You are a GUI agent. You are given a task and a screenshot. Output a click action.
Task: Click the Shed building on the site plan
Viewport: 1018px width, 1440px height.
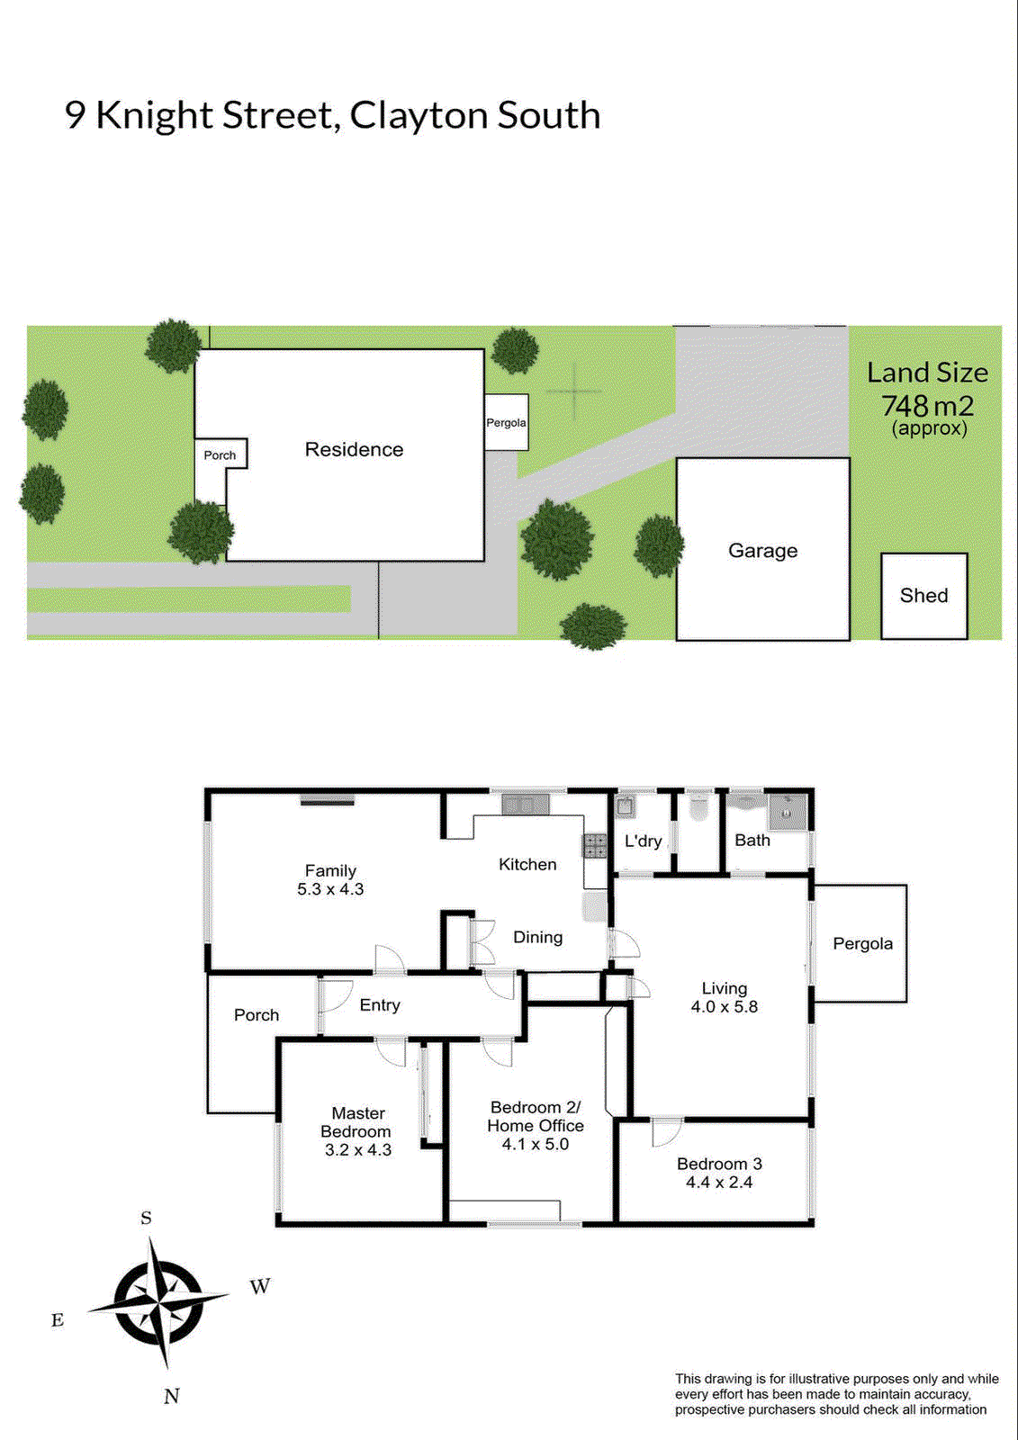tap(923, 596)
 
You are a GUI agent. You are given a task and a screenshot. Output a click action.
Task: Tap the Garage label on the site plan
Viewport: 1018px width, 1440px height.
tap(762, 551)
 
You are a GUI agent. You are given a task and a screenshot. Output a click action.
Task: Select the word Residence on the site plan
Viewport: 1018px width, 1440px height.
tap(354, 449)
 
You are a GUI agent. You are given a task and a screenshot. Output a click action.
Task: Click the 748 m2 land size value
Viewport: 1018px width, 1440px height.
tap(927, 406)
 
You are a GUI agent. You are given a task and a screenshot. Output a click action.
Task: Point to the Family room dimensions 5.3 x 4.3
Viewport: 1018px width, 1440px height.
tap(330, 889)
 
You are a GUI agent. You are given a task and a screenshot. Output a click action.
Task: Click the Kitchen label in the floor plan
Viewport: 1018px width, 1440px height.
tap(527, 864)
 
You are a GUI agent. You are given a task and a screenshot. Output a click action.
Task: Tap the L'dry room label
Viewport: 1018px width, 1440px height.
tap(643, 841)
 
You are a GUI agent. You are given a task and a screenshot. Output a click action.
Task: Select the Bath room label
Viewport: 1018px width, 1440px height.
tap(752, 840)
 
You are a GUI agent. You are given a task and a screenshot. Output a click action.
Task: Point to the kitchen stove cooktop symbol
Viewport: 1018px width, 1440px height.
tap(594, 845)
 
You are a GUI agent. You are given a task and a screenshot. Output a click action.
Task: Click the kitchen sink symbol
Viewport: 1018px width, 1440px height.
tap(525, 804)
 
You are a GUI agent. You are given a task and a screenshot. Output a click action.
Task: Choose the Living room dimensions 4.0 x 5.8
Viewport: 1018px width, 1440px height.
tap(724, 1007)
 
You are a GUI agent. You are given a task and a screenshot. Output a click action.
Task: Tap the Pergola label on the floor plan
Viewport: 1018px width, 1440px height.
tap(862, 943)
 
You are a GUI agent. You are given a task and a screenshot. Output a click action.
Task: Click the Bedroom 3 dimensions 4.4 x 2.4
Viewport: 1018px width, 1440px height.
tap(719, 1183)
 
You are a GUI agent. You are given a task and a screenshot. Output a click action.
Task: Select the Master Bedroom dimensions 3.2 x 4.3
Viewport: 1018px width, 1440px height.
tap(357, 1150)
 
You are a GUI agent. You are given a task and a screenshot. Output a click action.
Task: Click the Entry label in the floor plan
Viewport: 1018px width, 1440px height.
tap(379, 1005)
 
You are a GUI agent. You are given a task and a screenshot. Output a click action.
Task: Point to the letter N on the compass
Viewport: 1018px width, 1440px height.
tap(172, 1396)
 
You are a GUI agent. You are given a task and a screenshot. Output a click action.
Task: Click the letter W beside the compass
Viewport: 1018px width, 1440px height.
tap(260, 1286)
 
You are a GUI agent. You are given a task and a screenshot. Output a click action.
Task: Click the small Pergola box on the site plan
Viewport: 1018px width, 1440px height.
tap(506, 422)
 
